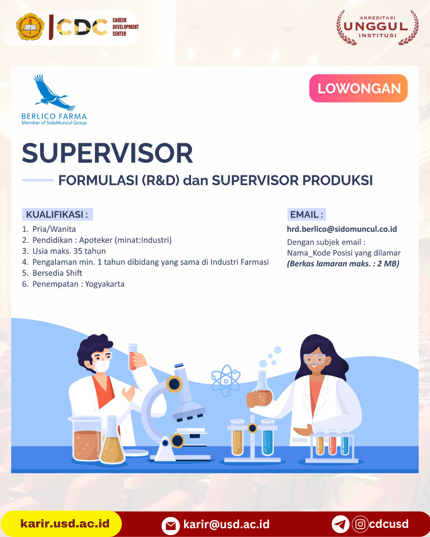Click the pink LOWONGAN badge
(358, 88)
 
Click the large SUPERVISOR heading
(107, 153)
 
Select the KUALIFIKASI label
(57, 214)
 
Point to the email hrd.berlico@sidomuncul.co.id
(342, 229)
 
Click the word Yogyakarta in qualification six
(105, 284)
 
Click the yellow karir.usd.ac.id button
(61, 523)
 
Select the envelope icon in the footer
(171, 526)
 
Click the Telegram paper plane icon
(340, 524)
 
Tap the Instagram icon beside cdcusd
(360, 524)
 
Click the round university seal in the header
(30, 26)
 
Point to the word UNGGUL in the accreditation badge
(376, 27)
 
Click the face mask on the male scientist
(102, 366)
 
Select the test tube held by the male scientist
(133, 357)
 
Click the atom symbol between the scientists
(226, 381)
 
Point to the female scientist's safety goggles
(315, 359)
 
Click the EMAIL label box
(307, 214)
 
